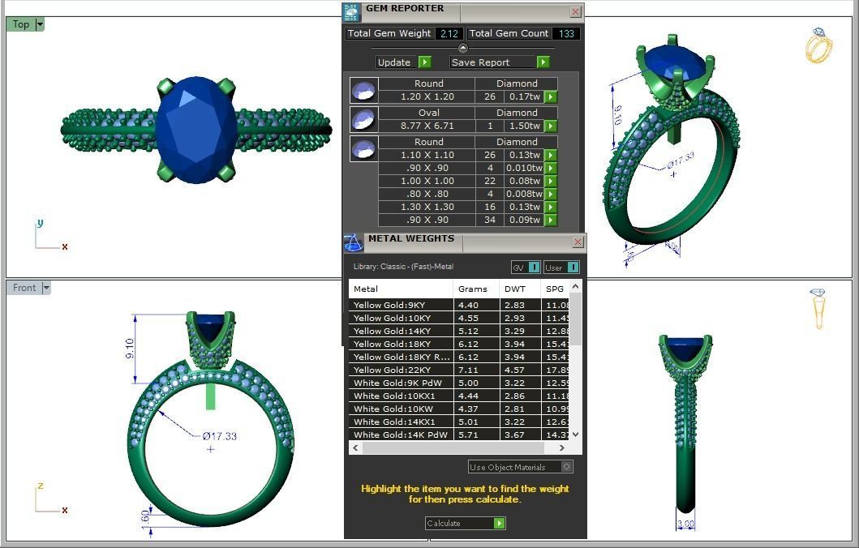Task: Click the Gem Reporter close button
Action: [575, 11]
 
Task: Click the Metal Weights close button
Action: [578, 242]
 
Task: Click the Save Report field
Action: [492, 62]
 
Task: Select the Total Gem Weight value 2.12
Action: [449, 34]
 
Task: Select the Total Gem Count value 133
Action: [565, 34]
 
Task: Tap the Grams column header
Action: [472, 289]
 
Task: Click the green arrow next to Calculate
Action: [499, 523]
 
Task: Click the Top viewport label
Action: [21, 24]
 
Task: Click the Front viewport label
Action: [24, 288]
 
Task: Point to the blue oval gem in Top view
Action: [196, 130]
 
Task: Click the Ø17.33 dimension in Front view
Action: [220, 436]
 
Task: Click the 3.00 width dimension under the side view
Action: [685, 524]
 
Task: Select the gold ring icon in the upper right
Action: [818, 45]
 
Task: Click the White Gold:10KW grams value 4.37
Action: [469, 409]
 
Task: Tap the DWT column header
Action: [514, 289]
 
